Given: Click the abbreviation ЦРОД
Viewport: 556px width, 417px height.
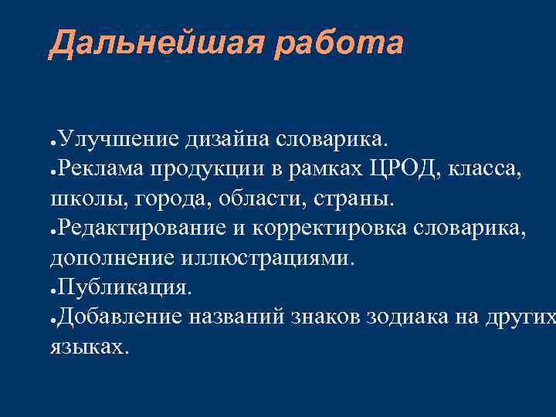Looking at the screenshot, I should pyautogui.click(x=402, y=169).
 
